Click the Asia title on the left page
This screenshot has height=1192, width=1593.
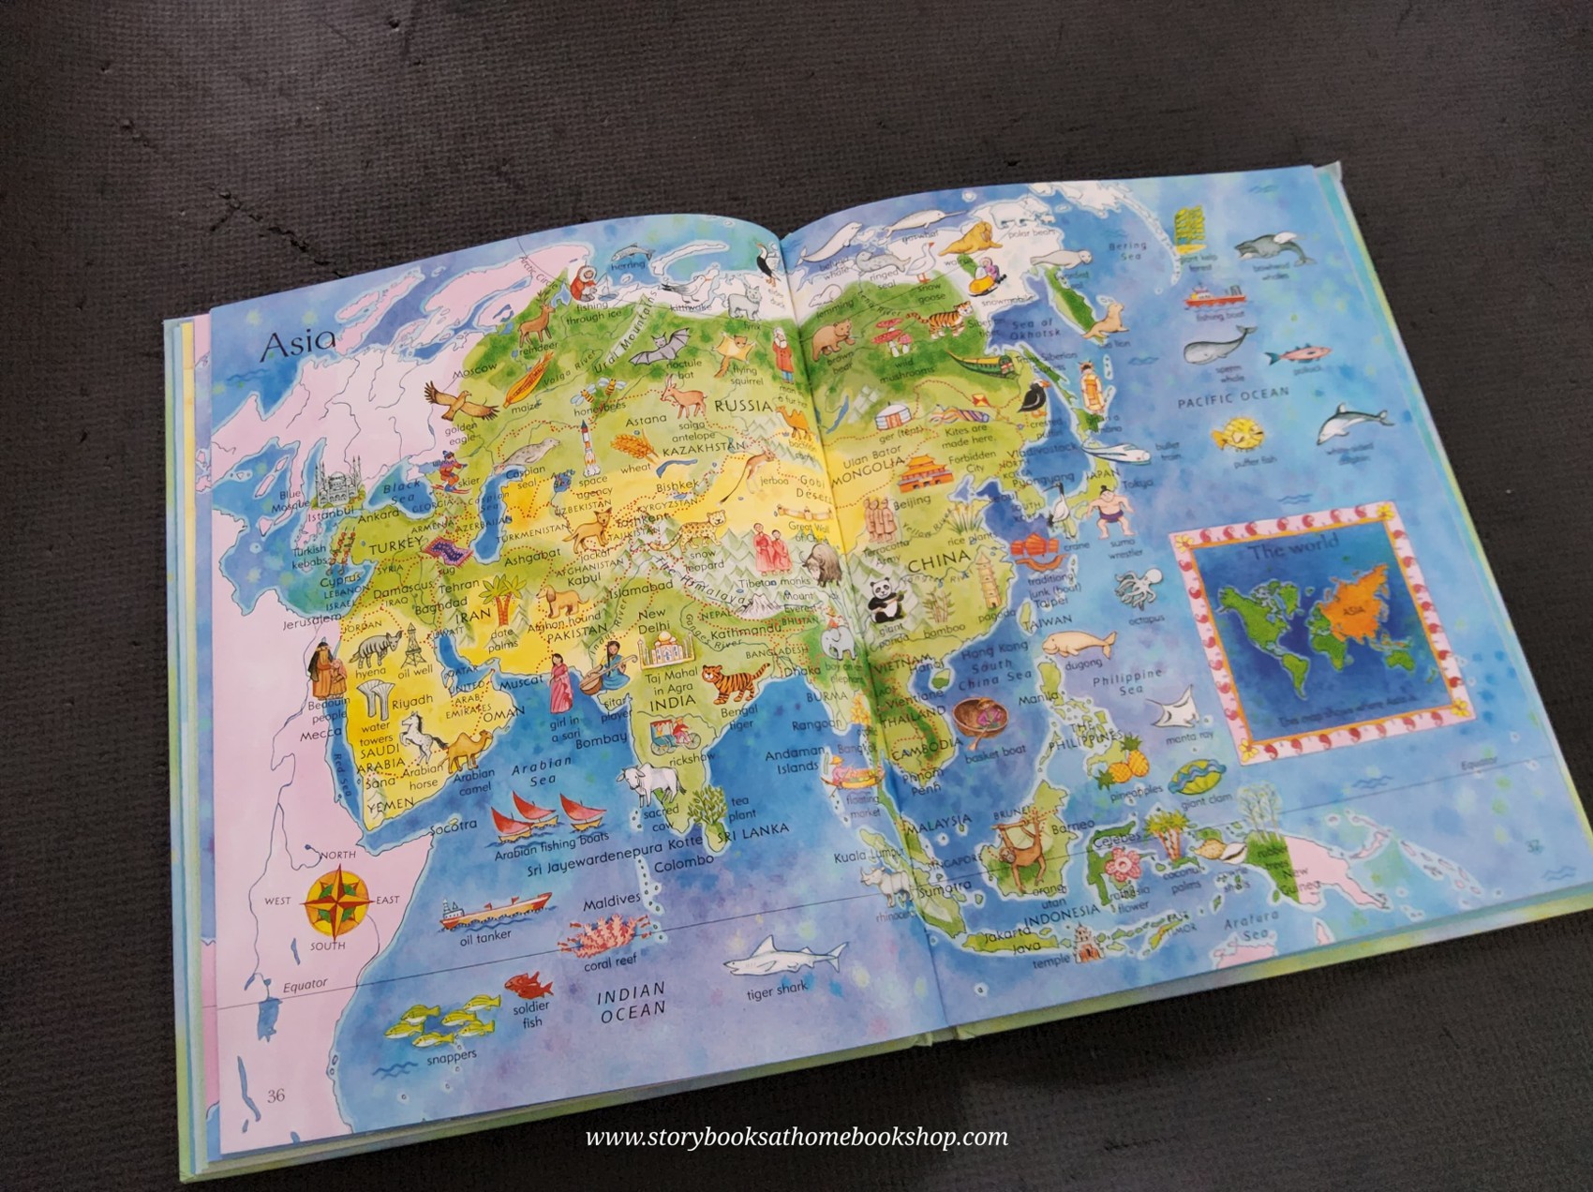(x=297, y=345)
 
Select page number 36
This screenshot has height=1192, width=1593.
(x=275, y=1095)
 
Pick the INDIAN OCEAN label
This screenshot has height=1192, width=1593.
(x=633, y=999)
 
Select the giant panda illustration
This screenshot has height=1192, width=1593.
(x=883, y=601)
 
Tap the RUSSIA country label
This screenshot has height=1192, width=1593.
(x=742, y=407)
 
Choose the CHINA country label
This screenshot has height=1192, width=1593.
(x=938, y=560)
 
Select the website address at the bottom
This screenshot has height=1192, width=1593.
(x=796, y=1138)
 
